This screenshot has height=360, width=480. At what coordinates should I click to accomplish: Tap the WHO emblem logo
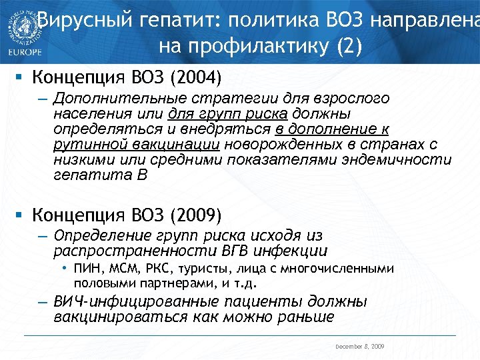point(19,26)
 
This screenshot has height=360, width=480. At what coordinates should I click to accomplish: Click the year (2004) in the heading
point(195,77)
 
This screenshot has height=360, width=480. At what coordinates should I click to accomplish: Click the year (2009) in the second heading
point(195,215)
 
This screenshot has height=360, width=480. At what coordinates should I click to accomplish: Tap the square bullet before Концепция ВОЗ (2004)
point(21,77)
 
